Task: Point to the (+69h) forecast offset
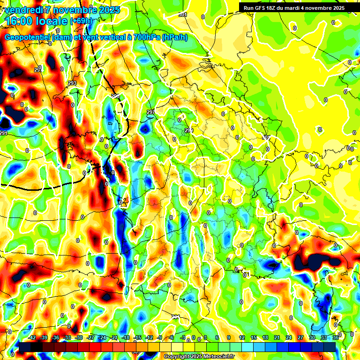click(82, 21)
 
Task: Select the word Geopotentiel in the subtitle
click(27, 37)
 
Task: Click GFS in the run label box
click(261, 7)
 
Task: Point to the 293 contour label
click(72, 83)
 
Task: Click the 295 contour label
click(115, 96)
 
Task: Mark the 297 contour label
click(150, 112)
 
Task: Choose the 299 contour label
click(188, 130)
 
